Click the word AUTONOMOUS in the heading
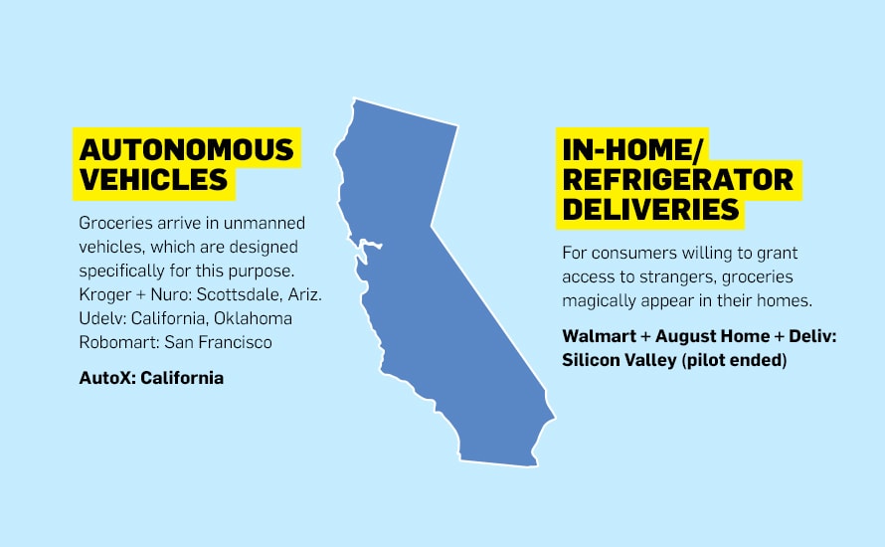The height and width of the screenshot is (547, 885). (x=186, y=149)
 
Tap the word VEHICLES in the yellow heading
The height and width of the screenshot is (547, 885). (x=153, y=179)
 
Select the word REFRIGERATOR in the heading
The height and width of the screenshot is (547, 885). (x=678, y=179)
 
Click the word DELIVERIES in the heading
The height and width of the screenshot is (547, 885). (x=650, y=210)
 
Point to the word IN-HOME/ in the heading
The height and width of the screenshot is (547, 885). (x=632, y=149)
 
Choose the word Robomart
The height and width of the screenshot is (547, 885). (x=119, y=343)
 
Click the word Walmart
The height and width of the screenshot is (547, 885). (x=599, y=336)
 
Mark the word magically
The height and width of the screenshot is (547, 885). (x=598, y=301)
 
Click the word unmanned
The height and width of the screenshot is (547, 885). (x=265, y=223)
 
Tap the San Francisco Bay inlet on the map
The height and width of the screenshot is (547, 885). (x=366, y=247)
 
